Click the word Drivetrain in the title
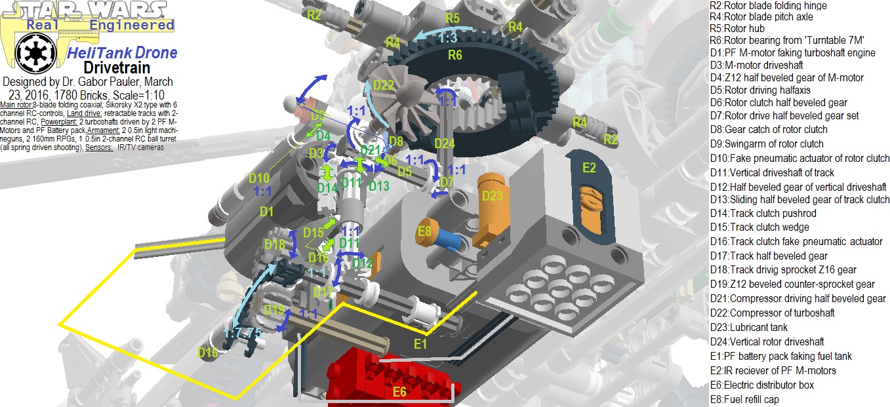[x=117, y=68]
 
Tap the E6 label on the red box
[x=400, y=393]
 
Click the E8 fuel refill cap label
[x=425, y=231]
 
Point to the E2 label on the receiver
[x=589, y=168]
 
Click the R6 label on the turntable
[x=455, y=55]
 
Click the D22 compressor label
[x=384, y=85]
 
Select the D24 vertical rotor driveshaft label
[x=444, y=143]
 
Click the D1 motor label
[x=266, y=211]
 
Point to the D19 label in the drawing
[x=274, y=309]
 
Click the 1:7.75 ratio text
[x=243, y=333]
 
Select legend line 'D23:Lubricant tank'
[x=748, y=327]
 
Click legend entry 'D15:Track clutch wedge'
[x=759, y=227]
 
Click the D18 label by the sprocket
[x=275, y=244]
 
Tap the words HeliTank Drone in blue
[x=123, y=52]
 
